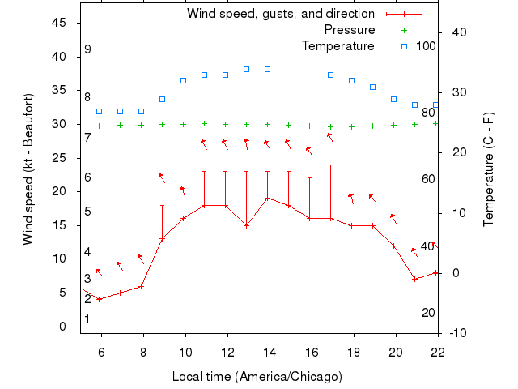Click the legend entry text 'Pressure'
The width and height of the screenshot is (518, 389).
(x=349, y=30)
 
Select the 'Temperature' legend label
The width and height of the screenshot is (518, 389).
(x=338, y=45)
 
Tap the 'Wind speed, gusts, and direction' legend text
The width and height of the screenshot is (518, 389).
(x=280, y=14)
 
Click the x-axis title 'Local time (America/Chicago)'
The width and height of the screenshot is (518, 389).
(x=257, y=377)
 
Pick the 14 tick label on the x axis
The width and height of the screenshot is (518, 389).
(x=270, y=350)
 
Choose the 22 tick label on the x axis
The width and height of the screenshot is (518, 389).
(x=438, y=350)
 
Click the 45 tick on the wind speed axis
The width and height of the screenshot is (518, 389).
(x=59, y=23)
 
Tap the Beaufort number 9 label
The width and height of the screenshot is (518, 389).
(x=87, y=49)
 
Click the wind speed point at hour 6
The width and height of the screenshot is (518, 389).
(x=99, y=299)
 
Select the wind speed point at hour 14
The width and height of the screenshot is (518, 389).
(x=267, y=198)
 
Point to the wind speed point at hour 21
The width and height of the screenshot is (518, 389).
(x=414, y=279)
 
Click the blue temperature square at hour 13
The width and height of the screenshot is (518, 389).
(x=246, y=69)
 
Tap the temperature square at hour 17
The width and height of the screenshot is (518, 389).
(x=330, y=75)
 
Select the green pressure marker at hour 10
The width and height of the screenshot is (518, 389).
(x=183, y=124)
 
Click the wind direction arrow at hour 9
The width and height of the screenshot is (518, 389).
(x=162, y=177)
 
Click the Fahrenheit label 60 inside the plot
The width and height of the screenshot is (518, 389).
(x=428, y=178)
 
